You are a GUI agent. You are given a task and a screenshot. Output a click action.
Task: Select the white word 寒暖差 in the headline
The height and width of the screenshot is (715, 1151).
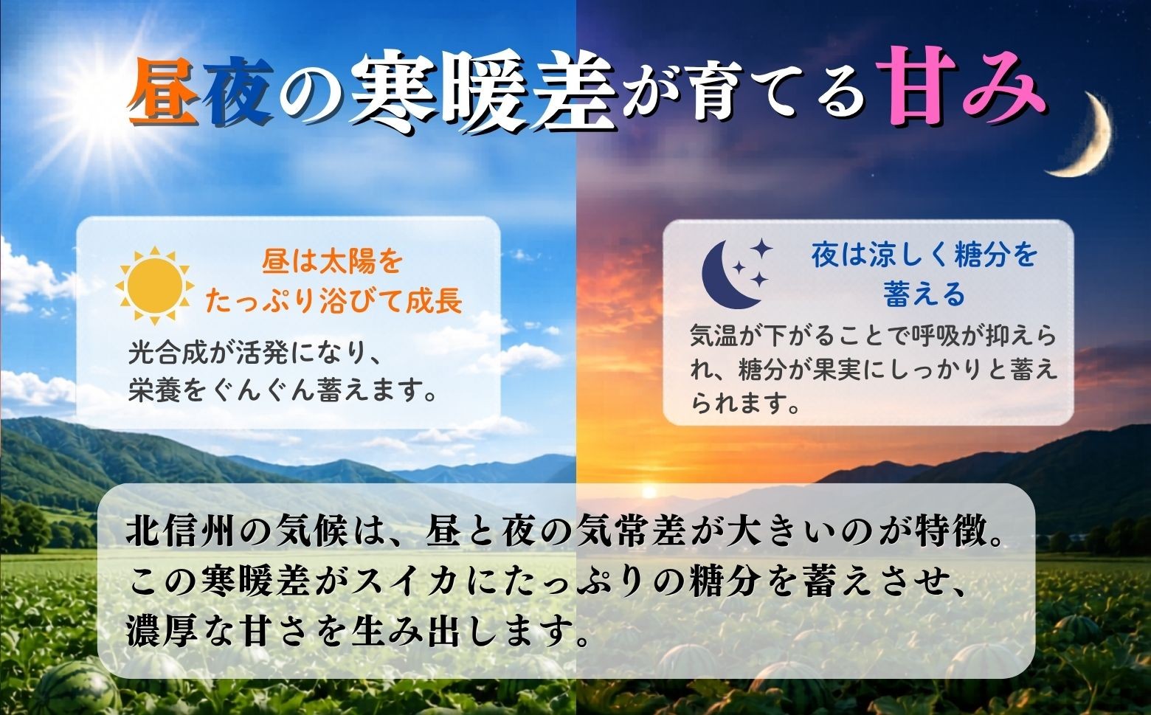tap(485, 93)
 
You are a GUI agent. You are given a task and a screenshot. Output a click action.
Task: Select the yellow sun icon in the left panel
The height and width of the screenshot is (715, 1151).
tap(155, 286)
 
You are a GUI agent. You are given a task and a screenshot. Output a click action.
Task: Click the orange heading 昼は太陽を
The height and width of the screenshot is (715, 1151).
tap(333, 262)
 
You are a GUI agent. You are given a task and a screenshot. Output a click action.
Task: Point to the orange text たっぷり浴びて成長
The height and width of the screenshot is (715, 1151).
tap(333, 301)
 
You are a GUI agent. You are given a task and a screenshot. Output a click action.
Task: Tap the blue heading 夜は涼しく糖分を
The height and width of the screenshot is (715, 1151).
tap(923, 255)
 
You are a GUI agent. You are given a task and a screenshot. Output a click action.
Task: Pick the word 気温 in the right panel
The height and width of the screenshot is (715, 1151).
tap(713, 336)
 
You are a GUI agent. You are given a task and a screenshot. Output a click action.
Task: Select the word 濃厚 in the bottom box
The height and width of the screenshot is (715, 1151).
tap(162, 631)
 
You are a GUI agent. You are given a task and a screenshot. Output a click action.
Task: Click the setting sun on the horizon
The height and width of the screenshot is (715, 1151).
tap(649, 491)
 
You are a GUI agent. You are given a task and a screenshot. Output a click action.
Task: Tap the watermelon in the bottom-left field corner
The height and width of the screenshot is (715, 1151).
tap(77, 688)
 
